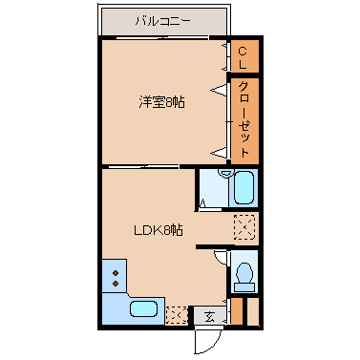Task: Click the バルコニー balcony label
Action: coord(162,19)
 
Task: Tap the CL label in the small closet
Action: coord(244,57)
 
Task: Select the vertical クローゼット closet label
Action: coord(244,118)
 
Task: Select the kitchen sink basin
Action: coord(144,308)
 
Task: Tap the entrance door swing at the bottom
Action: coord(208,339)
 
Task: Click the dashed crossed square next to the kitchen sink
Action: coord(177,312)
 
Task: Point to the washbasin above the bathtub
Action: coord(225,174)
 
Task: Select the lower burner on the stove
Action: coord(116,284)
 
